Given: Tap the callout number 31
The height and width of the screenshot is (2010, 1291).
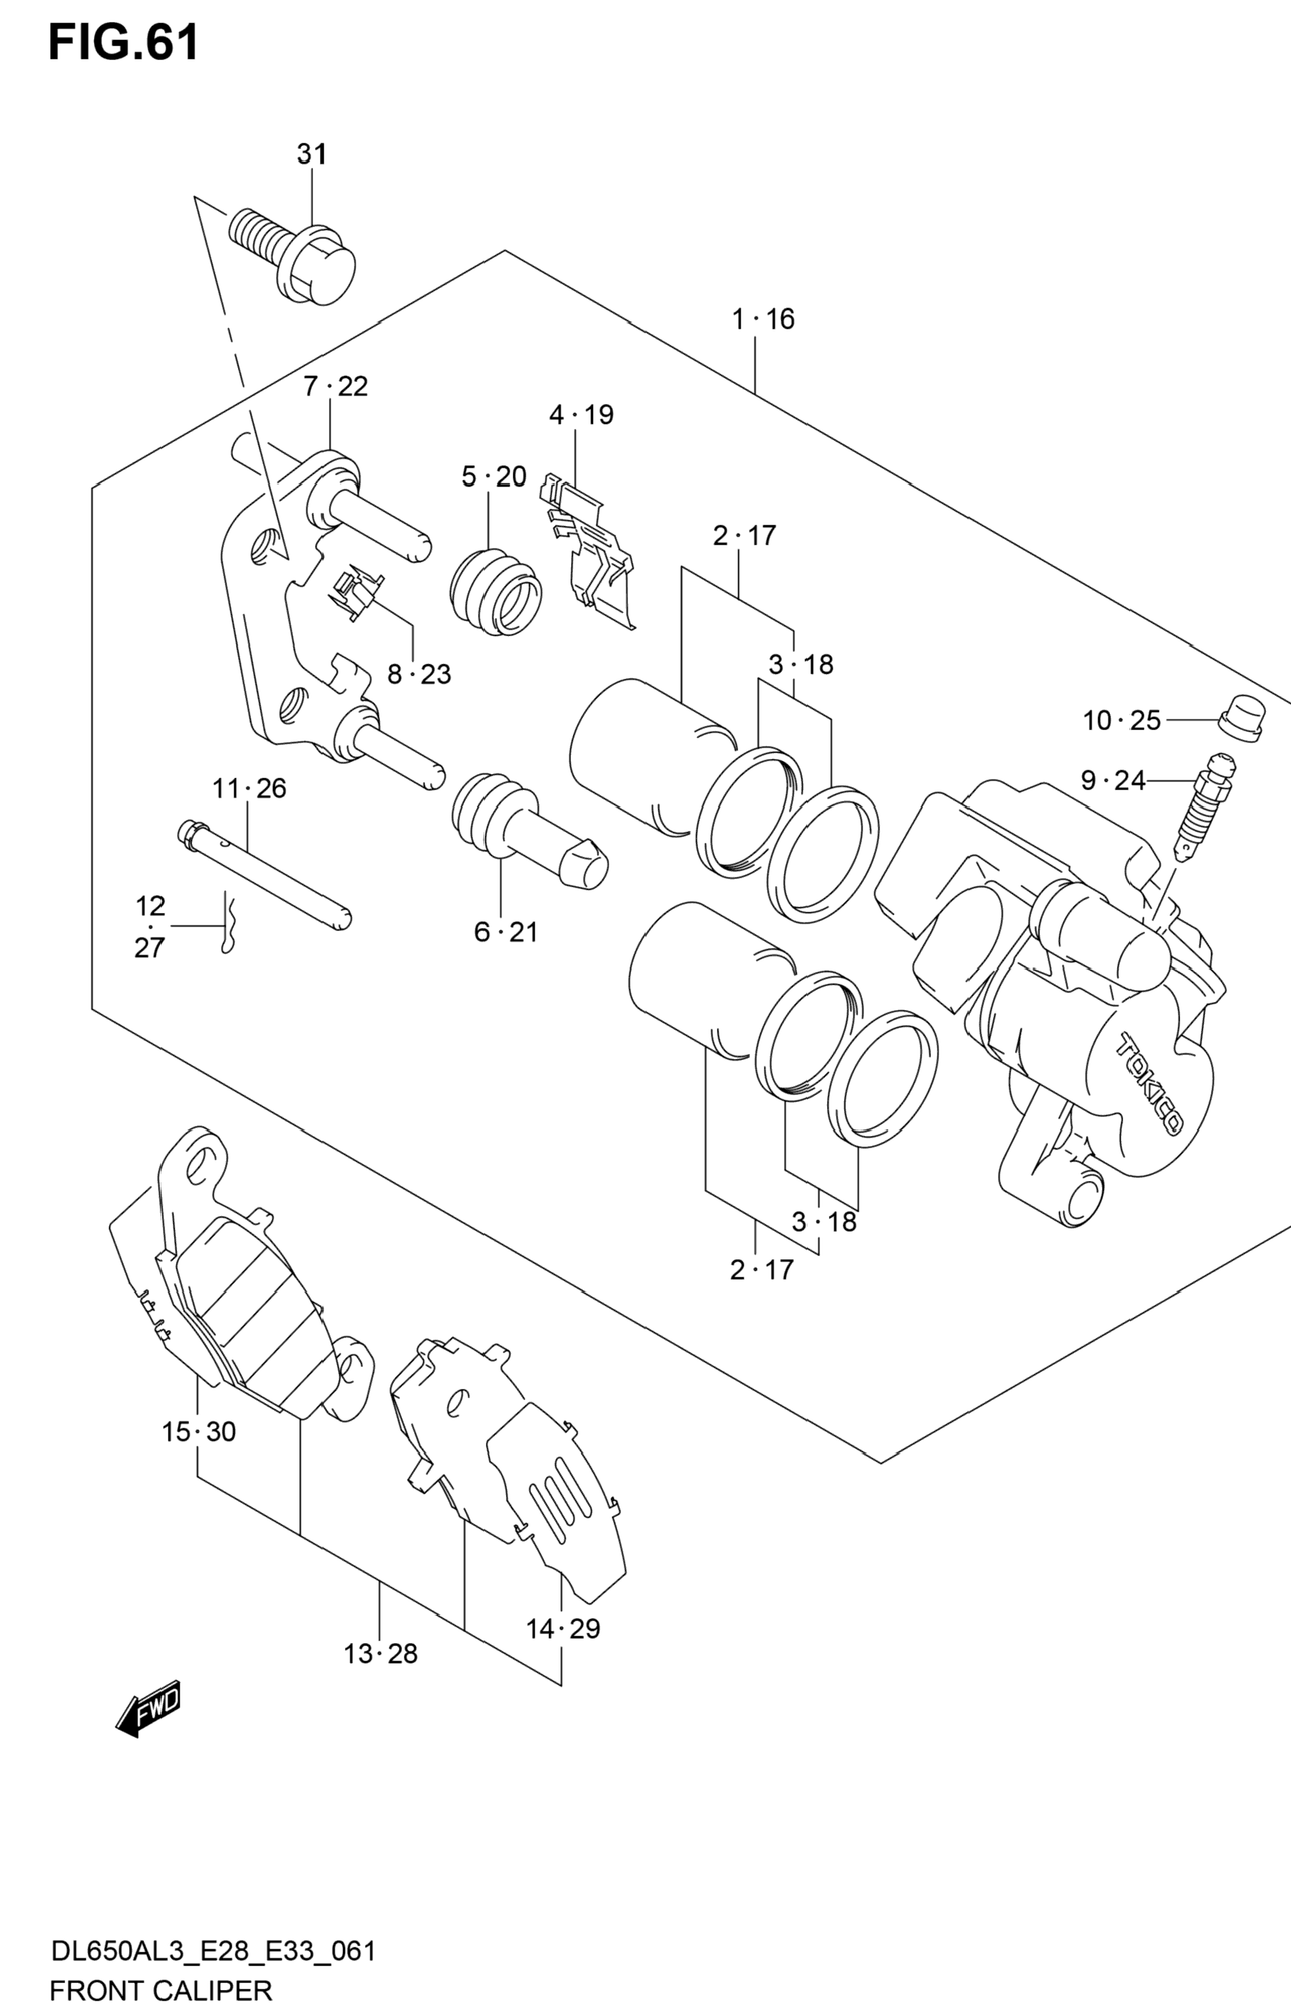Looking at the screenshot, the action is [x=312, y=154].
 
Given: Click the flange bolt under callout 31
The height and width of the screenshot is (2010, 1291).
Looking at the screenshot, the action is [x=292, y=255].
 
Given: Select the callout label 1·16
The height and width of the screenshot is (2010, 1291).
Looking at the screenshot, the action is [x=763, y=319].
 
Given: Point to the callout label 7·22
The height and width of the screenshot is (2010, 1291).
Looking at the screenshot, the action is [x=336, y=386].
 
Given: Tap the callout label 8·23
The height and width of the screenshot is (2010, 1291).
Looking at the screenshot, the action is [x=419, y=674].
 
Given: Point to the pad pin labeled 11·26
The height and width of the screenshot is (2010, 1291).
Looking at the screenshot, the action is [x=264, y=874].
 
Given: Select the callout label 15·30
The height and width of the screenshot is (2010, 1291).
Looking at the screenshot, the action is [x=198, y=1431].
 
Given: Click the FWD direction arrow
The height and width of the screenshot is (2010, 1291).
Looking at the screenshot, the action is [x=148, y=1706].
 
